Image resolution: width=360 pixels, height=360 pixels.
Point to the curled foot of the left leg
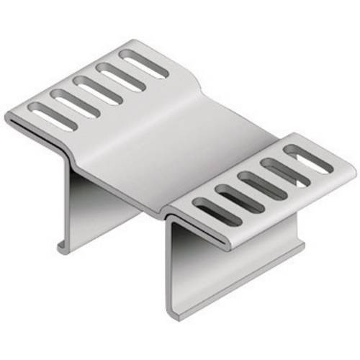[x=63, y=248]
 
